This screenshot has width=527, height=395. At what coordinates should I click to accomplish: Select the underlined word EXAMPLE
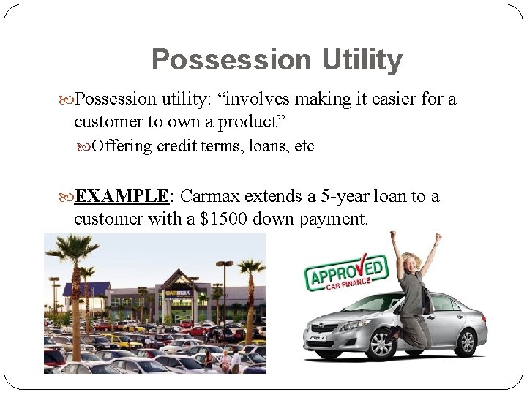122,197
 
